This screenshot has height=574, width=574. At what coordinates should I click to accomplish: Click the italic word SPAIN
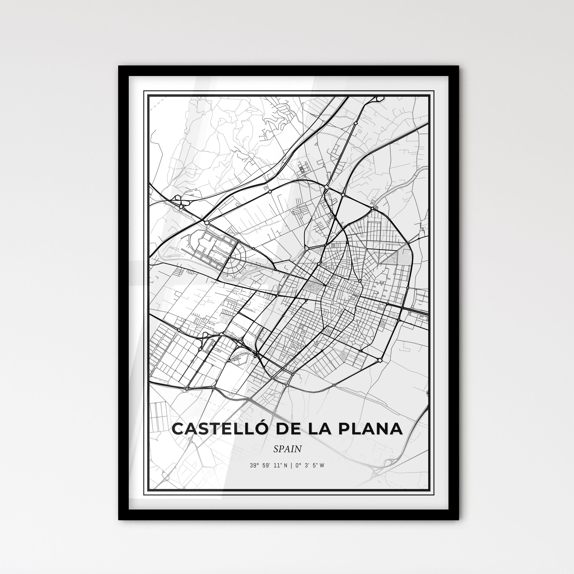pyautogui.click(x=287, y=449)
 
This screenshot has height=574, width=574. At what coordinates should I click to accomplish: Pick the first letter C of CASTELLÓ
pyautogui.click(x=178, y=429)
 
